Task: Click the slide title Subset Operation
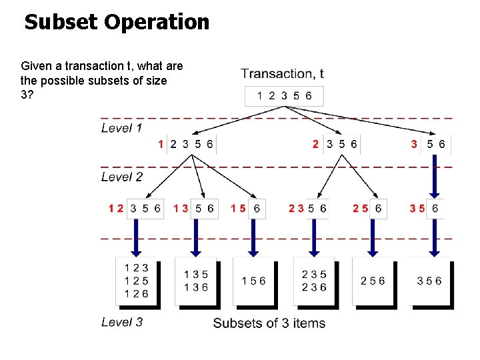[117, 22]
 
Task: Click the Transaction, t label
[283, 74]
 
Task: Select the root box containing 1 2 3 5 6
[284, 96]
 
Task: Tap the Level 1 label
[121, 127]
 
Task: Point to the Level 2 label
[121, 177]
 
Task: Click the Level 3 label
[121, 322]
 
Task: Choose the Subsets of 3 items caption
[269, 323]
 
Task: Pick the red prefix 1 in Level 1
[161, 143]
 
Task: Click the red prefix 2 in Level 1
[315, 143]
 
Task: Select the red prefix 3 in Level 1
[414, 143]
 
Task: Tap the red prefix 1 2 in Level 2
[116, 208]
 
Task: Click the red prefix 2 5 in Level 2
[360, 208]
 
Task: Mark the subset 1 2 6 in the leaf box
[137, 293]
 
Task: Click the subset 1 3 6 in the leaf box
[196, 287]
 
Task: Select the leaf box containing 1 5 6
[253, 281]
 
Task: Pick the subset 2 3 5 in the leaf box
[314, 274]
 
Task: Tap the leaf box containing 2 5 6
[373, 281]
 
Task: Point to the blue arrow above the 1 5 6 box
[253, 237]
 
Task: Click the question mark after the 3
[30, 94]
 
